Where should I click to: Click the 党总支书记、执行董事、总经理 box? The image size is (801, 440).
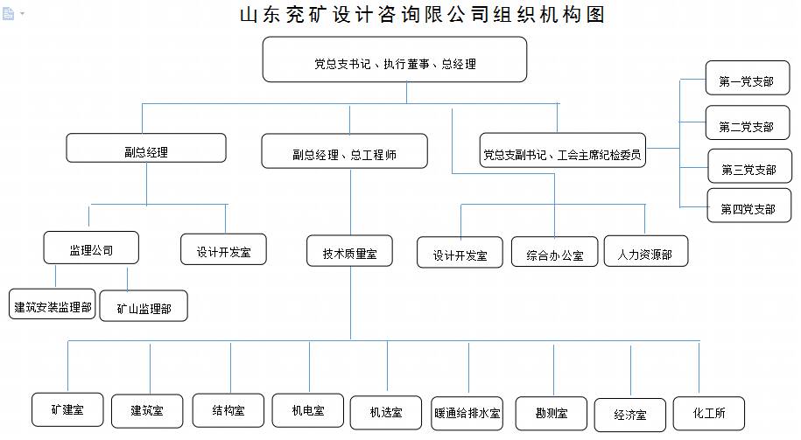(x=394, y=59)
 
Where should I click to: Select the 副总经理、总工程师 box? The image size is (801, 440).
(x=344, y=151)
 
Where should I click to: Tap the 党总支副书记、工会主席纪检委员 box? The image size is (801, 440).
(x=562, y=150)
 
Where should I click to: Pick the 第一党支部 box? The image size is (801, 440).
(x=748, y=78)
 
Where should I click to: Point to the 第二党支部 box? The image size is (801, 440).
(x=748, y=122)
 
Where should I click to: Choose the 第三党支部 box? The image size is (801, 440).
(x=749, y=166)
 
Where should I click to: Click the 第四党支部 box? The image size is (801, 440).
(x=748, y=206)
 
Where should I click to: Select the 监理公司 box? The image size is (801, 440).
(x=91, y=248)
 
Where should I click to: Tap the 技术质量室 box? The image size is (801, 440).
(x=349, y=251)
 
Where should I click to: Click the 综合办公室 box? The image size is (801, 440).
(x=554, y=252)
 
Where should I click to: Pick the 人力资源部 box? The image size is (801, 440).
(x=646, y=251)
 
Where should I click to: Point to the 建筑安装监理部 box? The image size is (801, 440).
(x=53, y=304)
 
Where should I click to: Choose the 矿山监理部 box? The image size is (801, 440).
(x=144, y=306)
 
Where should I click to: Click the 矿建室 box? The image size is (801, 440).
(x=67, y=409)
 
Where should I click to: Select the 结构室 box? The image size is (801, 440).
(x=228, y=410)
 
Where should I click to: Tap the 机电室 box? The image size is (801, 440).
(x=308, y=410)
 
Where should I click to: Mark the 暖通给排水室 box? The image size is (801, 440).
(x=467, y=413)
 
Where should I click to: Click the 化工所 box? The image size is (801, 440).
(x=709, y=413)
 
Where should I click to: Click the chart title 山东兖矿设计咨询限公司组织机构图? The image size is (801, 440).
(x=423, y=14)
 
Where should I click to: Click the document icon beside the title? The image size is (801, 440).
(x=8, y=13)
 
